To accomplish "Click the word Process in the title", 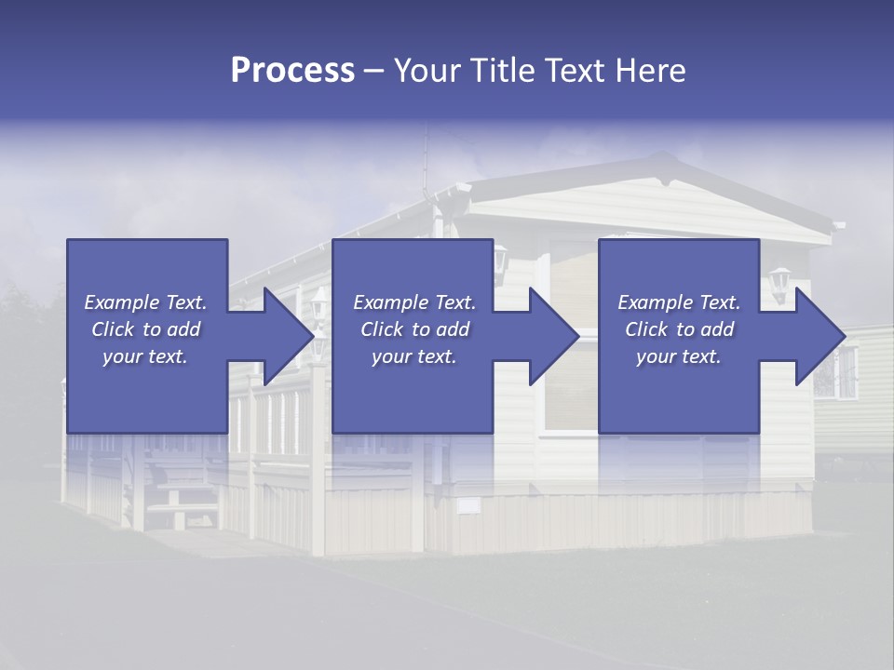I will click(292, 71).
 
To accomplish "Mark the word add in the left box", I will click(183, 329).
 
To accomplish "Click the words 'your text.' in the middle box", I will click(413, 356).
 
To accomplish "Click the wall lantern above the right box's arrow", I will click(779, 281).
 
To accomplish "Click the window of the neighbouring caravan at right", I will click(847, 372).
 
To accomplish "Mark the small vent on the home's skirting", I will click(468, 505).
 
